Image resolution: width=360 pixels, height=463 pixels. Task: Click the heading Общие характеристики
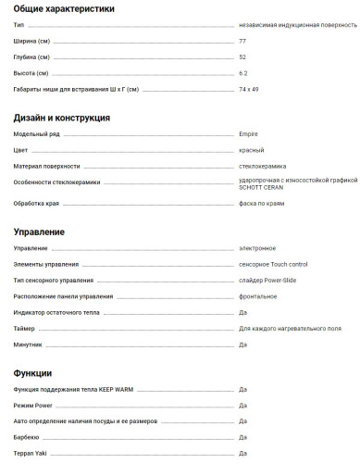pos(65,8)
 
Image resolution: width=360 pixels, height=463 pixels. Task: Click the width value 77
pos(242,42)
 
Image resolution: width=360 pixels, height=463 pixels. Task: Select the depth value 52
pos(242,57)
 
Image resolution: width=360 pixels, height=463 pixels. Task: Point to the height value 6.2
pos(243,73)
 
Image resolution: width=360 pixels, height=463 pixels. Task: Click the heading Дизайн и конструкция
pos(62,119)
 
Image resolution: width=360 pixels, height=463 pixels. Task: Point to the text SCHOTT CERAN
pos(260,187)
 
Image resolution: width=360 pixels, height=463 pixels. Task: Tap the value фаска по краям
pos(261,203)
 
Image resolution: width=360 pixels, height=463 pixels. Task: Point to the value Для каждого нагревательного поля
pos(290,329)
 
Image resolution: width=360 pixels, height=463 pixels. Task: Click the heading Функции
pos(32,373)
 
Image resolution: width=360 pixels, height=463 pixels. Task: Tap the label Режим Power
pos(33,405)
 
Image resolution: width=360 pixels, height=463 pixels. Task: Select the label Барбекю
pos(26,436)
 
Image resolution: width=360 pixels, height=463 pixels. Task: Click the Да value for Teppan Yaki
pos(242,453)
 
